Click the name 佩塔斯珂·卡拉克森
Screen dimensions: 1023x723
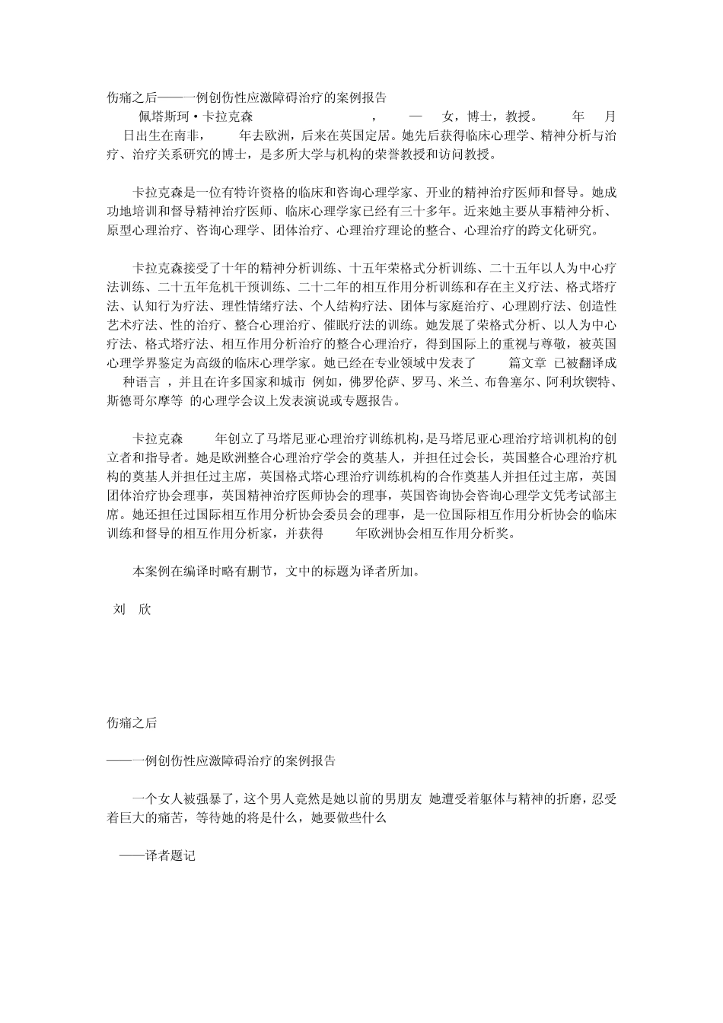point(194,117)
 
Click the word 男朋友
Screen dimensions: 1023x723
point(400,798)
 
